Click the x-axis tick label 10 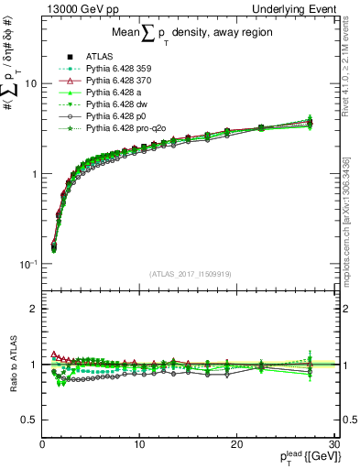click(139, 444)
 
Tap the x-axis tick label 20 click(236, 444)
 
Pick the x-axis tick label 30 click(333, 444)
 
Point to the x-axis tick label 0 click(42, 444)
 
